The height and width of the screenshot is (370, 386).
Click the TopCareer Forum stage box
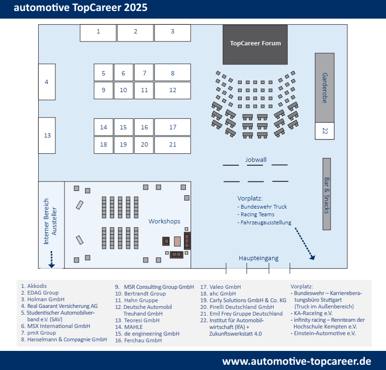[x=256, y=44]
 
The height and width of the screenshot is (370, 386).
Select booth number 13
[x=47, y=136]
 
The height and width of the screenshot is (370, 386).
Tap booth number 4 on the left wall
[x=47, y=82]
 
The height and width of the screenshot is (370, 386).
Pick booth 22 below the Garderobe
[x=324, y=131]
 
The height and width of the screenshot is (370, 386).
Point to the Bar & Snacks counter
[x=327, y=194]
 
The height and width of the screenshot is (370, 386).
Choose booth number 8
[x=172, y=73]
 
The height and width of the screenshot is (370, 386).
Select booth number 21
[x=172, y=145]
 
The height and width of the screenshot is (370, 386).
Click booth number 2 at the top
[x=135, y=32]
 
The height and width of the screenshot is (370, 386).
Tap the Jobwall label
[x=256, y=159]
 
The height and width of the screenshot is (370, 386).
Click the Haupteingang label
[x=258, y=258]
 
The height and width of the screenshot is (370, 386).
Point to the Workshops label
[x=164, y=222]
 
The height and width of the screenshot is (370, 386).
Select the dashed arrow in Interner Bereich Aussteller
[x=52, y=259]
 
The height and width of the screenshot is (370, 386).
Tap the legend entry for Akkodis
[x=36, y=286]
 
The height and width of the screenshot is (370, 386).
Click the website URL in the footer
[x=297, y=360]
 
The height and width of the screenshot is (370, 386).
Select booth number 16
[x=144, y=127]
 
